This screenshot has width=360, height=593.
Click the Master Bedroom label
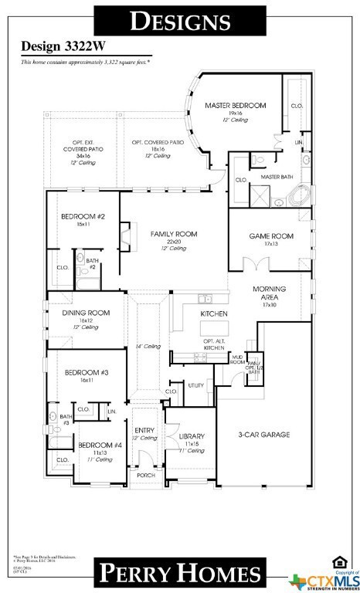click(x=235, y=105)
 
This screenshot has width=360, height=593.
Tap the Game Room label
click(x=268, y=235)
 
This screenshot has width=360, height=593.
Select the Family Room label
click(x=173, y=233)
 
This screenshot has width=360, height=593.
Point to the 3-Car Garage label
click(x=263, y=435)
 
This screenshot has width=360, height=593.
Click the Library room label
click(x=191, y=437)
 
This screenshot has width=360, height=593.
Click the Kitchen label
click(x=212, y=314)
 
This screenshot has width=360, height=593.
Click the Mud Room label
click(x=238, y=359)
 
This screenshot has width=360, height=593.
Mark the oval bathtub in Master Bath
click(x=301, y=195)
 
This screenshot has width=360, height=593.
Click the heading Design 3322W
click(x=52, y=46)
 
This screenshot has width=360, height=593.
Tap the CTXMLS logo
click(x=324, y=578)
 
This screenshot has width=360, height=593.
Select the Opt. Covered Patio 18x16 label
click(x=157, y=143)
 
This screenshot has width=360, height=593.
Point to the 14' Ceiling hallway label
click(x=148, y=346)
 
